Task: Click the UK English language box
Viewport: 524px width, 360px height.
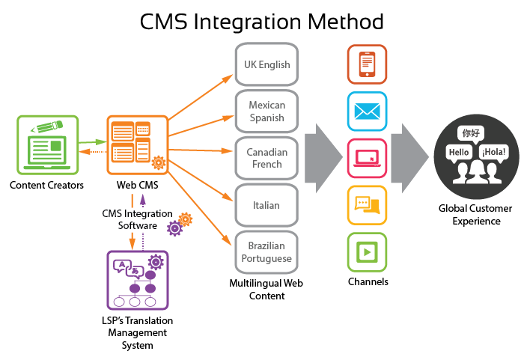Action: [x=267, y=64]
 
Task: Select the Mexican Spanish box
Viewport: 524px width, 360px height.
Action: [x=267, y=112]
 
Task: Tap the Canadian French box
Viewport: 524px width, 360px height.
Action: [x=267, y=158]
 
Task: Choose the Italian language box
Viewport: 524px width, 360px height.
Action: [x=267, y=204]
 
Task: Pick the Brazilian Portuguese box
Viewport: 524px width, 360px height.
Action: [x=267, y=251]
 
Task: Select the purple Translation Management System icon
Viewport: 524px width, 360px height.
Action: [x=137, y=280]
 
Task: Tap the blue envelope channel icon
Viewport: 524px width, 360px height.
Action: [x=367, y=112]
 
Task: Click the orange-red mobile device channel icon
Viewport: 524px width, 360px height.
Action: [x=367, y=64]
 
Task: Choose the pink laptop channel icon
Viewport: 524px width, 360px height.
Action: [x=367, y=158]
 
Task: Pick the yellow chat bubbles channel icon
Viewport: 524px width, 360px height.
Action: [x=367, y=205]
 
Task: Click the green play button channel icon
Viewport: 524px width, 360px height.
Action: [x=367, y=251]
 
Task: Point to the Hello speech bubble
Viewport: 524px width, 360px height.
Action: [x=459, y=153]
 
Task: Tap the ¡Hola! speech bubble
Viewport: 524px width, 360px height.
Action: [x=494, y=152]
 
